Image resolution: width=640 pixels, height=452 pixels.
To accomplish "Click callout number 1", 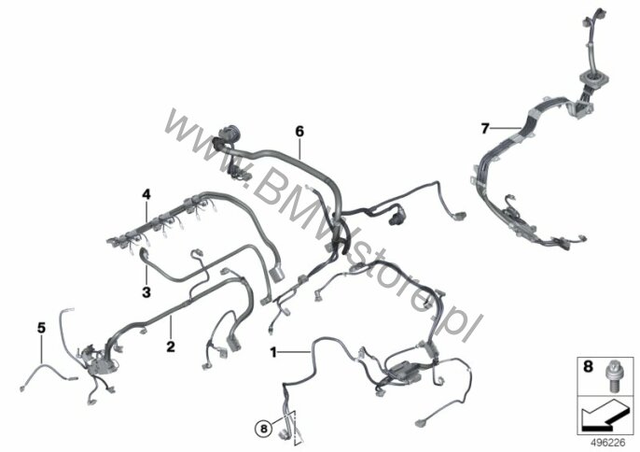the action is [x=273, y=352].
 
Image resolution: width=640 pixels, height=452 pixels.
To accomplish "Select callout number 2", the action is [x=171, y=346].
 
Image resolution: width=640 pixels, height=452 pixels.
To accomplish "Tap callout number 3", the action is [x=146, y=292].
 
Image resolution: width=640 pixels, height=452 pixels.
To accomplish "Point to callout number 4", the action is [x=146, y=194].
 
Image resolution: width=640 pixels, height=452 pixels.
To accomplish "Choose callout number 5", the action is [x=41, y=328].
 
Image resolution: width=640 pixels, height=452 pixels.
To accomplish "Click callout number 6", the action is [x=299, y=132].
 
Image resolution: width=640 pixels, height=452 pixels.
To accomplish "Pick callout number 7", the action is [x=485, y=129].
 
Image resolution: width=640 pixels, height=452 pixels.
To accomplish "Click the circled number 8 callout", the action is [x=263, y=429].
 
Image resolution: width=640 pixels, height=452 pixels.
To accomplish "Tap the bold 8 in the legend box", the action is [x=588, y=367].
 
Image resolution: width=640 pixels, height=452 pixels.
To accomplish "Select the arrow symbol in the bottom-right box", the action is [x=604, y=415].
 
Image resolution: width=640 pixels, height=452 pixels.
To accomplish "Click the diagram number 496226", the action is [x=608, y=443].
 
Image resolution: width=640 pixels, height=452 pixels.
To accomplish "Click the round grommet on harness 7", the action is [x=590, y=78].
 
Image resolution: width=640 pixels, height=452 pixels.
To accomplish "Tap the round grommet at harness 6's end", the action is [x=228, y=134].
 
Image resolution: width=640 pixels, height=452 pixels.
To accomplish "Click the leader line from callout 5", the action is [x=41, y=349].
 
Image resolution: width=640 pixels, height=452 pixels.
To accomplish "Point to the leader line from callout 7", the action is [x=506, y=129].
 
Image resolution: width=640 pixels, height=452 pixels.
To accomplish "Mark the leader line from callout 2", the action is [x=171, y=328].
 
